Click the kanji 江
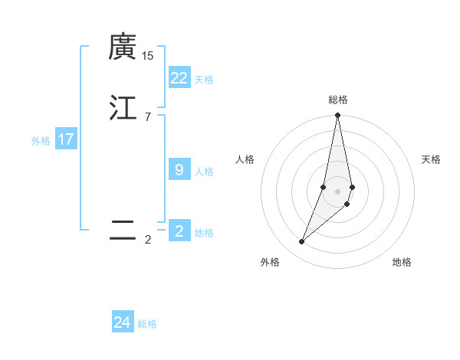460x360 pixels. pos(123,107)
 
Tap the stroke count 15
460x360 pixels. pos(148,56)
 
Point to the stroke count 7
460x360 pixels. pos(148,116)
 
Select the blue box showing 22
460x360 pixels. pos(179,78)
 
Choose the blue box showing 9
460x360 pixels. pos(179,170)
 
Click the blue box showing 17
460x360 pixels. pos(66,140)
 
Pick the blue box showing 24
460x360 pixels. pos(123,323)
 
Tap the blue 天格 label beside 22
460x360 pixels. pos(204,80)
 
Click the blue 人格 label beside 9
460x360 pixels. pos(204,172)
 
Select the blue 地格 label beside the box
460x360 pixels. pos(204,233)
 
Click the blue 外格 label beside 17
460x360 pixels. pos(41,141)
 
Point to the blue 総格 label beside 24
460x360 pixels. pos(147,325)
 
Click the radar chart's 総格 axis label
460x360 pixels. pos(338,100)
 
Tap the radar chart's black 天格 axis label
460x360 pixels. pos(431,159)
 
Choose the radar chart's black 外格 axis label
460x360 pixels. pos(270,262)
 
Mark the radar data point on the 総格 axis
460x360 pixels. pos(338,116)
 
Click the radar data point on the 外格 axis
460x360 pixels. pos(302,242)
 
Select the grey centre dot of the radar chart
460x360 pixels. pos(338,191)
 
